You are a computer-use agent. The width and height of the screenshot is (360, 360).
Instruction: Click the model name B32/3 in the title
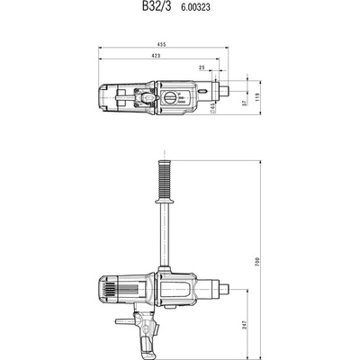click(157, 6)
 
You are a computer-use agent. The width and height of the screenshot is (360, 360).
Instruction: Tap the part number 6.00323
click(195, 7)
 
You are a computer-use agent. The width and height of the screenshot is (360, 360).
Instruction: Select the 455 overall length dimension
click(162, 44)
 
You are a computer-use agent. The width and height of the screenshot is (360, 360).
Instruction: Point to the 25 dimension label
click(202, 67)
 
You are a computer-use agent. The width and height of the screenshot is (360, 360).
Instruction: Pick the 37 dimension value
click(245, 103)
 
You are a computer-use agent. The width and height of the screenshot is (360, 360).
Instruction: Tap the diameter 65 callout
click(212, 108)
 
